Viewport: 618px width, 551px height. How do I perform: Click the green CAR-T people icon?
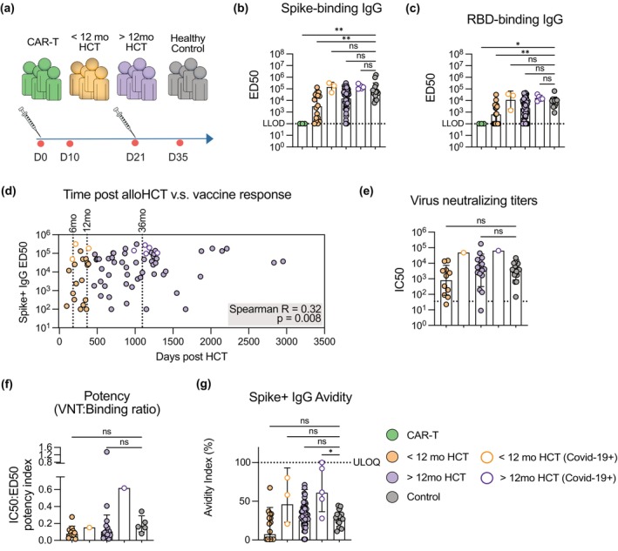click(41, 79)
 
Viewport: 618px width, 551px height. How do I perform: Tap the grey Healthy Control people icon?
click(187, 79)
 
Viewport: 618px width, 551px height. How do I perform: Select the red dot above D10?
click(70, 144)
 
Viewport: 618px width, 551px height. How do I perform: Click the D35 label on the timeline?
click(178, 158)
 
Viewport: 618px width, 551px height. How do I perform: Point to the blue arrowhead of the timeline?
click(210, 138)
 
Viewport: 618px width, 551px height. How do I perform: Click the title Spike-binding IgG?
click(331, 9)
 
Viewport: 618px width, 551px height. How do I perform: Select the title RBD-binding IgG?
click(515, 19)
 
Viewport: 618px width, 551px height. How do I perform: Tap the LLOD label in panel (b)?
click(274, 124)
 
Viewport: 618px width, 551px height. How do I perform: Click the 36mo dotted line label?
click(142, 220)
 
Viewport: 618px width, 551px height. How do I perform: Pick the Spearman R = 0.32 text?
click(275, 309)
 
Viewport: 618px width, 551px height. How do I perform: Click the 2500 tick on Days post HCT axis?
click(248, 341)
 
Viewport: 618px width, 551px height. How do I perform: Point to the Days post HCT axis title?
click(192, 357)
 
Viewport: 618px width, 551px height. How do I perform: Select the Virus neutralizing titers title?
click(474, 200)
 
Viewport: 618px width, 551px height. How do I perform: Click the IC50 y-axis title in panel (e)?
click(399, 279)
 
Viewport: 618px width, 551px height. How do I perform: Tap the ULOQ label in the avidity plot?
click(366, 462)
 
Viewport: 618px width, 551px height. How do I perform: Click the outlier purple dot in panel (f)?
click(106, 452)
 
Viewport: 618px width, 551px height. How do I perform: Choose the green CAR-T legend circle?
click(392, 435)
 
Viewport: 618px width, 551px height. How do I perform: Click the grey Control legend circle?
click(392, 497)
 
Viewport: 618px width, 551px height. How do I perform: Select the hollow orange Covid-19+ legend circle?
click(487, 457)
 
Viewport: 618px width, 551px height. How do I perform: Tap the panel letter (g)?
click(203, 384)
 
